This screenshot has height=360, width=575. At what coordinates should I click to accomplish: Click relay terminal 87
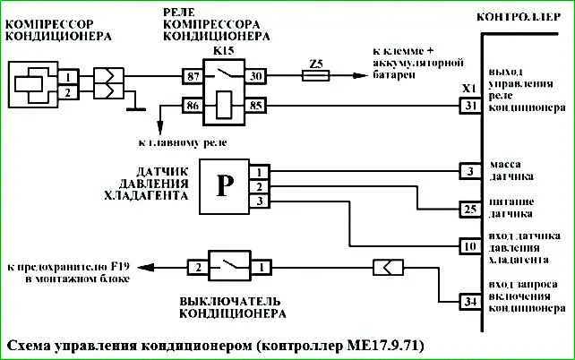coord(193,76)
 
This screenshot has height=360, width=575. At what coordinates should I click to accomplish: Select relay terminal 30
coord(255,76)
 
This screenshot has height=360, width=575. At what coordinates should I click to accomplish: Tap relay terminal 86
coord(193,106)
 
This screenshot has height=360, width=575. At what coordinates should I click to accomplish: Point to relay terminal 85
coord(255,106)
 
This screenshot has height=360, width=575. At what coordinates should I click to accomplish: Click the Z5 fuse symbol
coord(316,76)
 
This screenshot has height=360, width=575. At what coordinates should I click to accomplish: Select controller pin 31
coord(470,106)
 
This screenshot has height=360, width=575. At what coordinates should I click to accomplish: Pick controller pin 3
coord(470,171)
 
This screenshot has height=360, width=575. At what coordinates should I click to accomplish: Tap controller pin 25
coord(470,210)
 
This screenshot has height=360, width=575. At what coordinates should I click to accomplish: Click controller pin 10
coord(470,246)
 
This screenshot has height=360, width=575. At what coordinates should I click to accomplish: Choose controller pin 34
coord(470,302)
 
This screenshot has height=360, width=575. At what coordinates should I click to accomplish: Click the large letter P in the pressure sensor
coord(225,186)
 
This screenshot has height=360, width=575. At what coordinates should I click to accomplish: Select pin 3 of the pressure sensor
coord(260,201)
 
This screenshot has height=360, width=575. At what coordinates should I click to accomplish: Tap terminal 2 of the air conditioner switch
coord(199,267)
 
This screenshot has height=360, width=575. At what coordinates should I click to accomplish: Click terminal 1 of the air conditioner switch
coord(262,267)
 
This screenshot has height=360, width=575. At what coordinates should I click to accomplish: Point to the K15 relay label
coord(223,50)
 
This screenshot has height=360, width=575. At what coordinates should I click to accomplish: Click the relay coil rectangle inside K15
coord(224,105)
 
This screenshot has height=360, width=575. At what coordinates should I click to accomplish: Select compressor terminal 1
coord(68,77)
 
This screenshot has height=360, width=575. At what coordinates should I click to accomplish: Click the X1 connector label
coord(469,89)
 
